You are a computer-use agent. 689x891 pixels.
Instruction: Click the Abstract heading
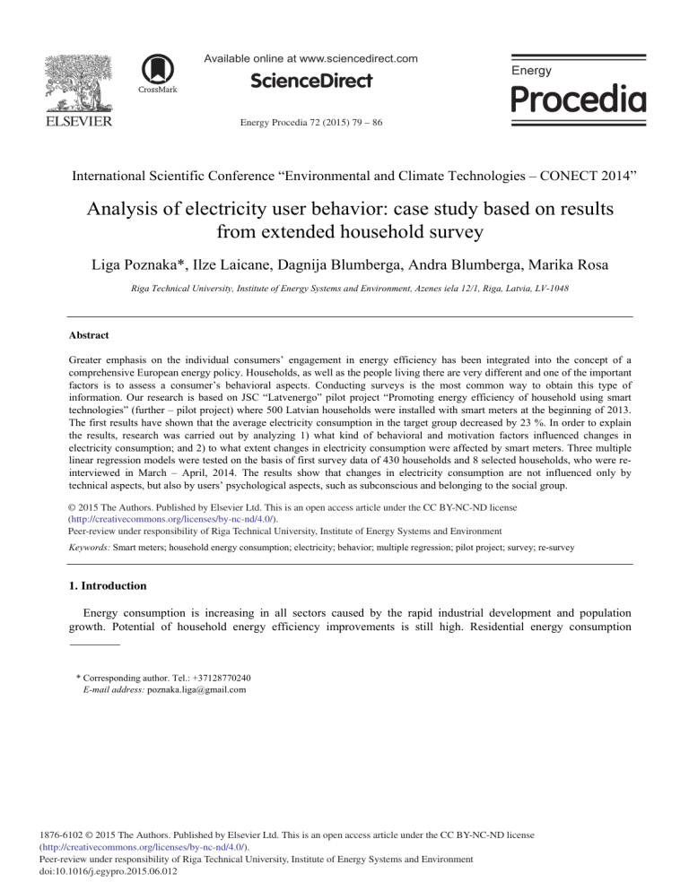click(94, 334)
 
